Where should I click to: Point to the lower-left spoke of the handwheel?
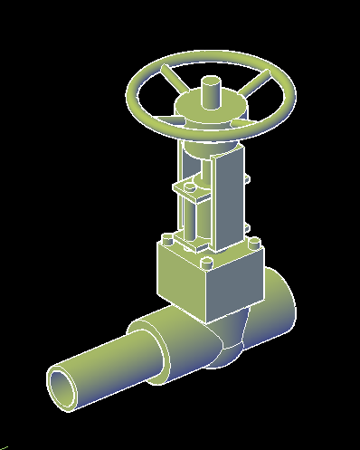(164, 114)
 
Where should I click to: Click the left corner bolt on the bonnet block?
(167, 241)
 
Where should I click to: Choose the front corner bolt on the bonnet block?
(208, 264)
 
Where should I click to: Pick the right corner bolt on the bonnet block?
(254, 243)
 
